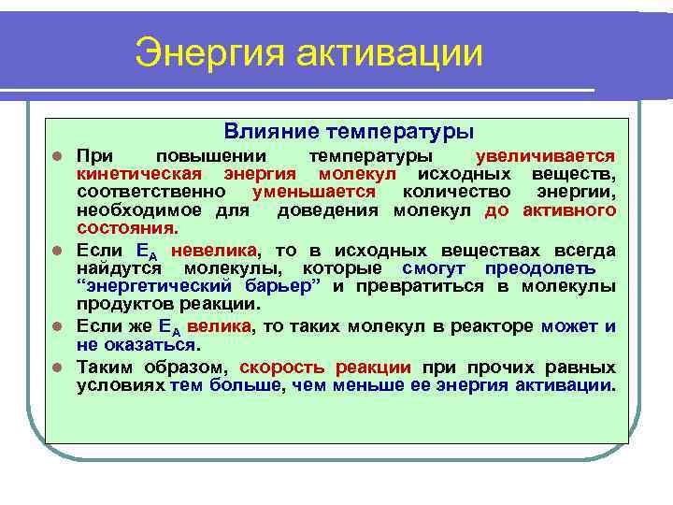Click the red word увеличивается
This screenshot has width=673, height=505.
click(x=545, y=156)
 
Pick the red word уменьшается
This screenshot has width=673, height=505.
click(x=320, y=192)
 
